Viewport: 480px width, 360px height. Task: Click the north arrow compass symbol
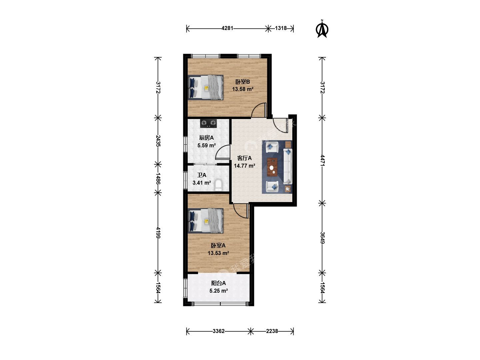tap(322, 29)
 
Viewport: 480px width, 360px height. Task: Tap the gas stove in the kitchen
tap(208, 123)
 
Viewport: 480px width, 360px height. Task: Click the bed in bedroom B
tap(206, 87)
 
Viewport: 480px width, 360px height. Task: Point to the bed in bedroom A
tap(206, 221)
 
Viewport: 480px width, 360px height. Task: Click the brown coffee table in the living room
tap(272, 167)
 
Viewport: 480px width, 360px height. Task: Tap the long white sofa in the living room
tap(288, 166)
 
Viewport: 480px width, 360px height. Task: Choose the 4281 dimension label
tap(227, 28)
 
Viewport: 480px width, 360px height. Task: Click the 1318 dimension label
tap(281, 28)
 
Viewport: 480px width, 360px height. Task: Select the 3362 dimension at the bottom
tap(219, 331)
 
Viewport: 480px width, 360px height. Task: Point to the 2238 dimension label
tap(272, 331)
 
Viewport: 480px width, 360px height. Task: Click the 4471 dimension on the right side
tap(322, 160)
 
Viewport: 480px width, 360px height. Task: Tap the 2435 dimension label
tap(158, 141)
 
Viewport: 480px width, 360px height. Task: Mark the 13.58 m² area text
tap(243, 89)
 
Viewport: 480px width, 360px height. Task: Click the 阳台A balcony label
tap(218, 283)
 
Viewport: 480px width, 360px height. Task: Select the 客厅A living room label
tap(244, 158)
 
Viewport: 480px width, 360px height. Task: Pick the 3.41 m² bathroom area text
tap(202, 183)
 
